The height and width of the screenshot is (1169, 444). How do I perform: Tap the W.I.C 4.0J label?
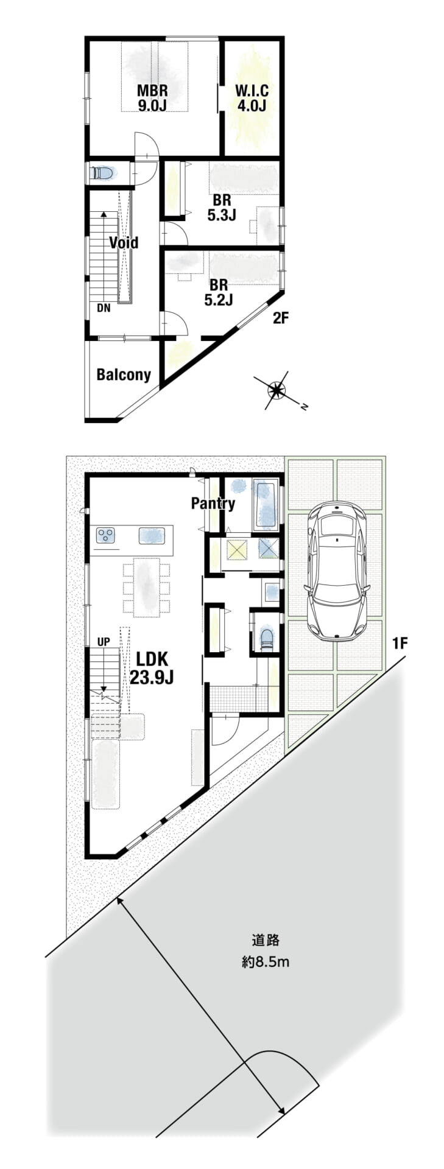click(x=252, y=98)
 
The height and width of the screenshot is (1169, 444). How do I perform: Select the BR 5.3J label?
click(x=221, y=208)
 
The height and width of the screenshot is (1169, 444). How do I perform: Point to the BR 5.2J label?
click(x=219, y=292)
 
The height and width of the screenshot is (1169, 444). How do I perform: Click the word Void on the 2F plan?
click(x=124, y=242)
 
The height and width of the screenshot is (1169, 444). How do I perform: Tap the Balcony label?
click(x=124, y=374)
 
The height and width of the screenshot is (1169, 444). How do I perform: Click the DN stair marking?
click(x=104, y=308)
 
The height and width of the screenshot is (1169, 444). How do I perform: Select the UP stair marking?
click(x=104, y=642)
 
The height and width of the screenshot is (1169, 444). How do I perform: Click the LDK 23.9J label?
click(x=152, y=668)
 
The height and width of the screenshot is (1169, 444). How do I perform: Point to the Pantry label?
click(x=213, y=504)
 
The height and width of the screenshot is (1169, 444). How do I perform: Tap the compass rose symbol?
click(x=277, y=390)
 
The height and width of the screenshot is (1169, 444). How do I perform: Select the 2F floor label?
click(x=280, y=318)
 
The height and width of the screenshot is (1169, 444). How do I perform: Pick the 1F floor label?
click(x=400, y=643)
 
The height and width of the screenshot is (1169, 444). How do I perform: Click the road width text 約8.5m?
click(x=265, y=963)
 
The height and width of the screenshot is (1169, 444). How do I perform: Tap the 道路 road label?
click(x=265, y=940)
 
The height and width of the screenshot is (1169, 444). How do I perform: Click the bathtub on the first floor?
click(x=266, y=505)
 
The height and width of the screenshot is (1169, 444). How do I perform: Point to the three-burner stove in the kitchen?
click(x=106, y=536)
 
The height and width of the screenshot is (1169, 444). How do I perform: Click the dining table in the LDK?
click(x=146, y=587)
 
